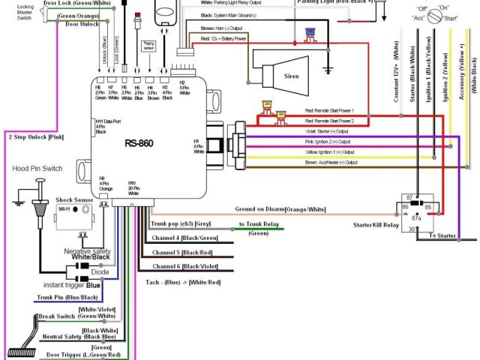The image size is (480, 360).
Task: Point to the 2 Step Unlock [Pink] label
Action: click(x=35, y=137)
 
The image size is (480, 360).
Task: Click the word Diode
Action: click(x=90, y=272)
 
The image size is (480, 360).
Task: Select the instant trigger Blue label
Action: click(x=72, y=285)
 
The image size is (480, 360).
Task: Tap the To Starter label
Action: click(x=442, y=235)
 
